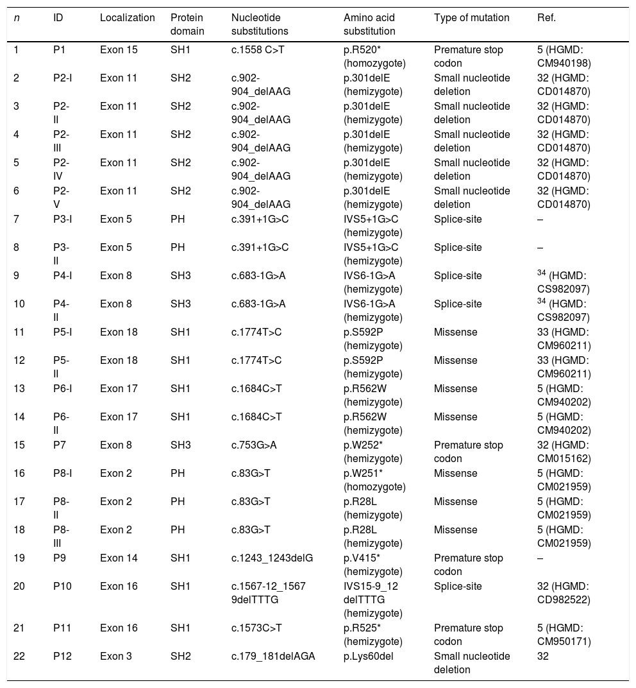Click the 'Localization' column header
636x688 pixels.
pyautogui.click(x=127, y=18)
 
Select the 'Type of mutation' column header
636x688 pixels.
pyautogui.click(x=471, y=18)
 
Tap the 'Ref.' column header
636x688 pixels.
pyautogui.click(x=546, y=18)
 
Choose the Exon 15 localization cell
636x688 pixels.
pyautogui.click(x=119, y=50)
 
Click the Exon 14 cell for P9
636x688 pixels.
pyautogui.click(x=119, y=558)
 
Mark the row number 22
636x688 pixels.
pyautogui.click(x=19, y=656)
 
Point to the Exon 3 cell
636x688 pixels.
pyautogui.click(x=116, y=656)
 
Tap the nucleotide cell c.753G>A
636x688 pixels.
pyautogui.click(x=258, y=445)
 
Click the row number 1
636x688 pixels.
pyautogui.click(x=16, y=50)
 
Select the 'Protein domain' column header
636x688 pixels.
pyautogui.click(x=187, y=24)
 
